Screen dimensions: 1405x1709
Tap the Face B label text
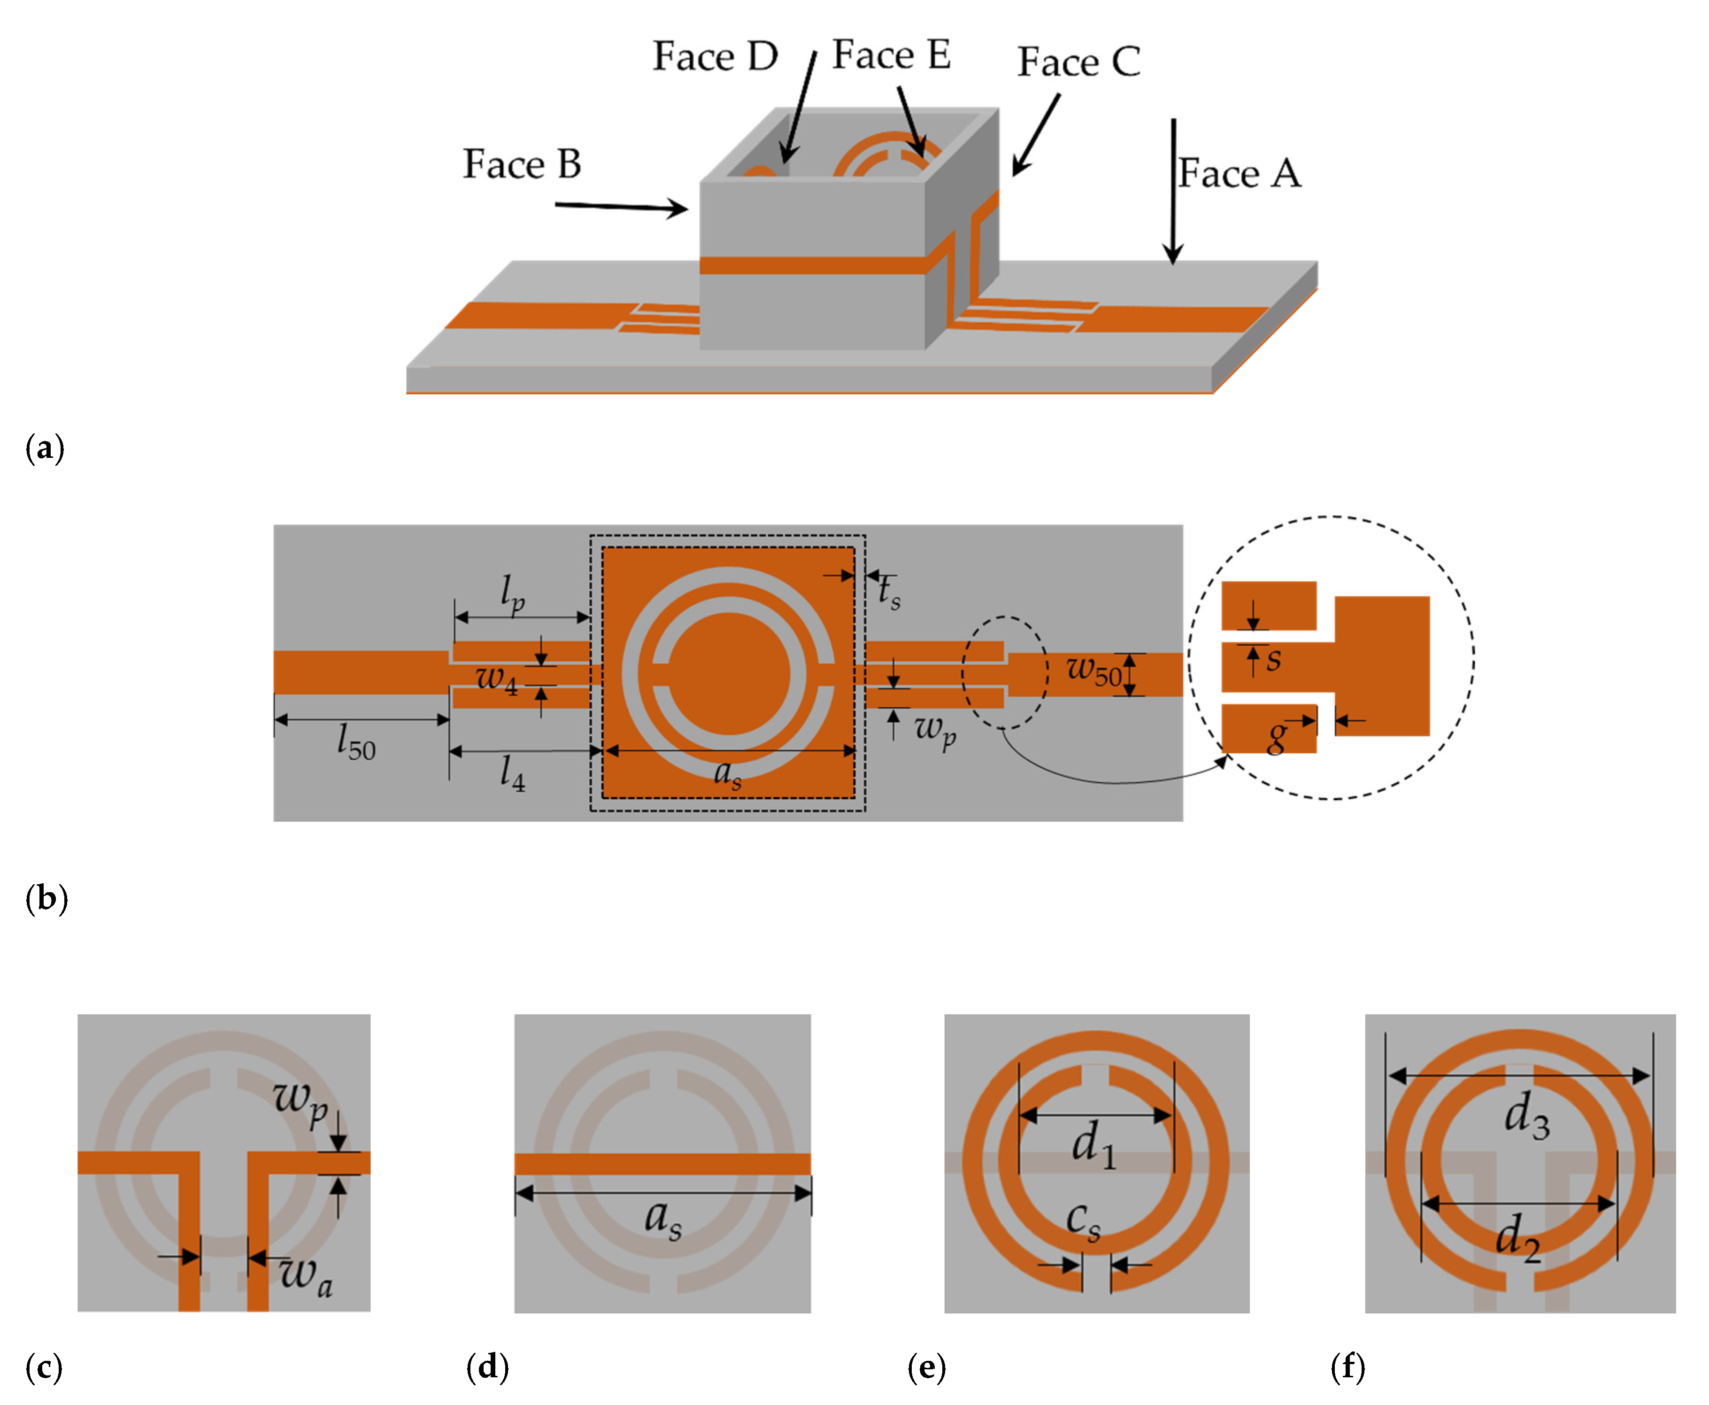[522, 164]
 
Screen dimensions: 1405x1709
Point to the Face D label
[715, 57]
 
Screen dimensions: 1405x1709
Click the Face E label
[891, 55]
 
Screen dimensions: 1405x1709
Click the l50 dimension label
[356, 742]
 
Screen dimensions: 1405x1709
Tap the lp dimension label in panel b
[512, 595]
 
